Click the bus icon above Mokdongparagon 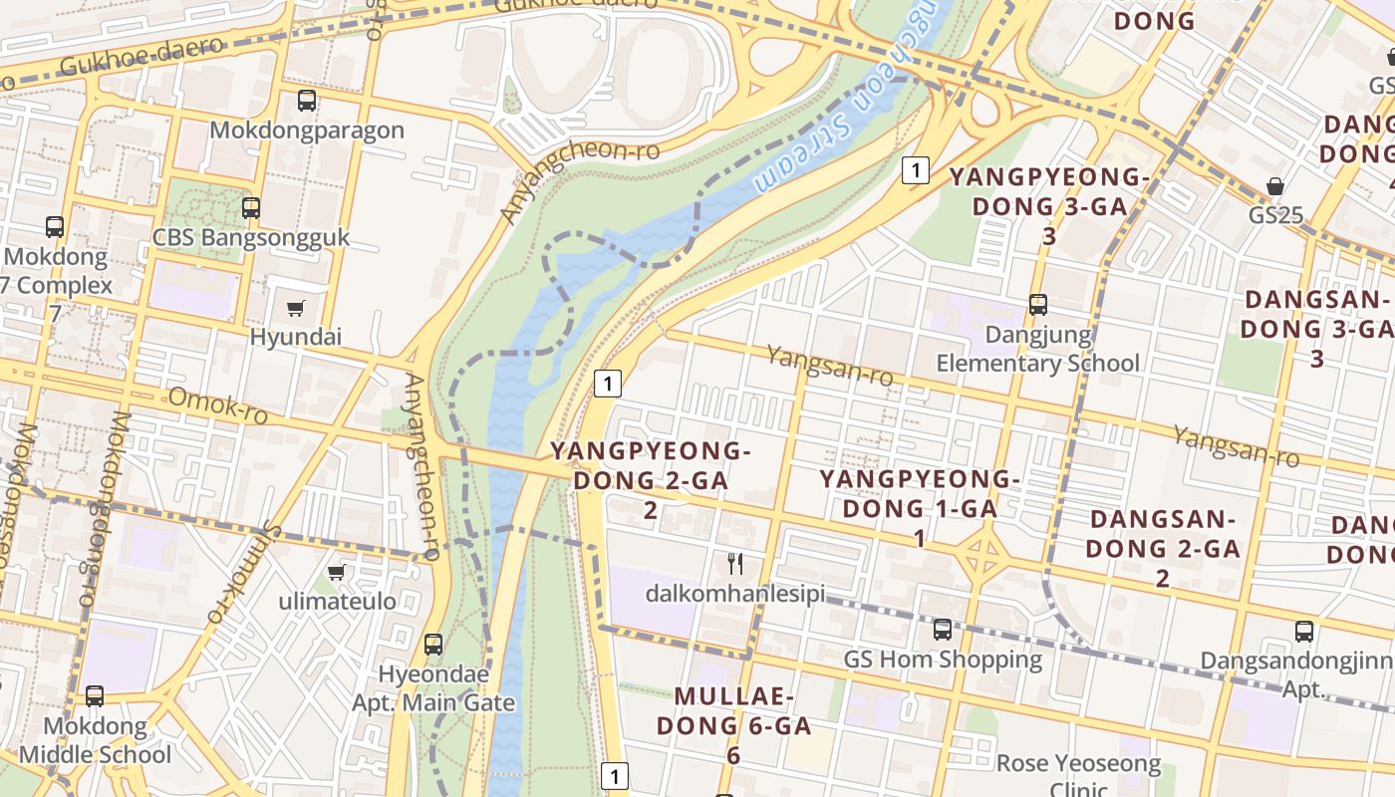(307, 101)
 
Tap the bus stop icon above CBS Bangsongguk (251, 208)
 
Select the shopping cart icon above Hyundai (295, 308)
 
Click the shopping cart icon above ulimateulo (337, 573)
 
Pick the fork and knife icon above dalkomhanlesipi (735, 564)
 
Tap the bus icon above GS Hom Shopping (943, 630)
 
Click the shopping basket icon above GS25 (1275, 186)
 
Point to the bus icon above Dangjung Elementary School (1038, 305)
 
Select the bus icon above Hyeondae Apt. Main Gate (433, 645)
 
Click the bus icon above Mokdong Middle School (95, 696)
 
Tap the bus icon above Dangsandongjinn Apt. (1304, 631)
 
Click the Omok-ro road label (217, 406)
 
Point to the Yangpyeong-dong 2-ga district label (650, 480)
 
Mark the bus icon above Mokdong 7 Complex (55, 227)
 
